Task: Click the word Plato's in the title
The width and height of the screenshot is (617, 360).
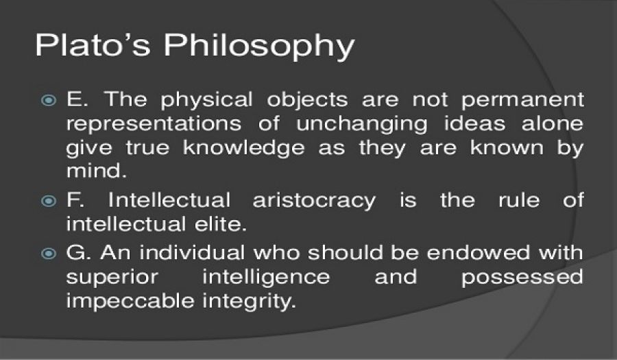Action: click(93, 45)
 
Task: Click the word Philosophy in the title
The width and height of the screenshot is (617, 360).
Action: click(259, 47)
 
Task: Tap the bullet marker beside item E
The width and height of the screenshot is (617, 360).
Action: click(49, 100)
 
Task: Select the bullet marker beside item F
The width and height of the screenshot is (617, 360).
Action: click(49, 202)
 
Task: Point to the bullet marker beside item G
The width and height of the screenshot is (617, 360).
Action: click(49, 254)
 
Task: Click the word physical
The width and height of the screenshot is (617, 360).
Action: click(206, 100)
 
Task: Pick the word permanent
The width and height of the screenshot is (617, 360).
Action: click(522, 101)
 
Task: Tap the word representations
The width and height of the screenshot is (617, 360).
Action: click(154, 125)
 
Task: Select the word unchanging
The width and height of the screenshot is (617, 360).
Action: click(361, 125)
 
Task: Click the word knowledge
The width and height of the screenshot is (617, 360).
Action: click(244, 149)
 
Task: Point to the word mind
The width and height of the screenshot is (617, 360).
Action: click(97, 171)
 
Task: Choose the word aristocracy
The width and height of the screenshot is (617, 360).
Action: click(314, 202)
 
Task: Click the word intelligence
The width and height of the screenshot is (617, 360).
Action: click(266, 278)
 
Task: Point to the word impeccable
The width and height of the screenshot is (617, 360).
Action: click(130, 302)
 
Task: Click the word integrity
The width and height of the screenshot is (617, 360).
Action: click(249, 302)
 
